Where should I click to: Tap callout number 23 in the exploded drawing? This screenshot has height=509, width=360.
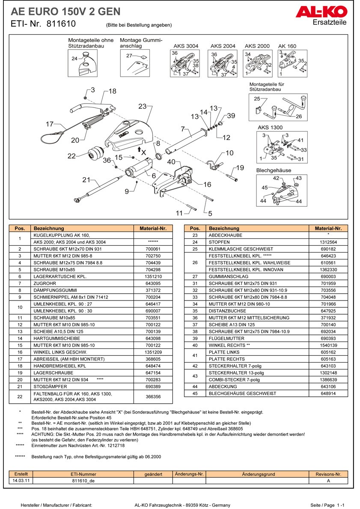pos(143,106)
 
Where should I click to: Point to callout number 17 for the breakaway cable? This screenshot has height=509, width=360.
pos(50,124)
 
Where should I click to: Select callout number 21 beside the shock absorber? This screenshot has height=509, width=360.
pos(86,180)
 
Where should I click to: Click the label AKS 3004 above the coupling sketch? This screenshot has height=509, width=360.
pos(186,46)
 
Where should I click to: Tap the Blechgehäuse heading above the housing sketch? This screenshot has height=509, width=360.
pos(273,170)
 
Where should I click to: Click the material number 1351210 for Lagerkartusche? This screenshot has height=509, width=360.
pos(153,277)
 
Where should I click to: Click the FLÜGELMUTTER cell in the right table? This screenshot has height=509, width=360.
pos(223,338)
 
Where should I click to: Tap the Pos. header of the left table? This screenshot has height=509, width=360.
pos(20,229)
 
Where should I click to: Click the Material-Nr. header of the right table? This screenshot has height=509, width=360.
pos(328,229)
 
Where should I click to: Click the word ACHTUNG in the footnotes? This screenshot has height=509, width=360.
pos(42,434)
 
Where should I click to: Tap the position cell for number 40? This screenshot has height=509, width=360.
pos(195,345)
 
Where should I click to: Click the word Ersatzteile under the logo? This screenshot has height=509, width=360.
pos(330,23)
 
